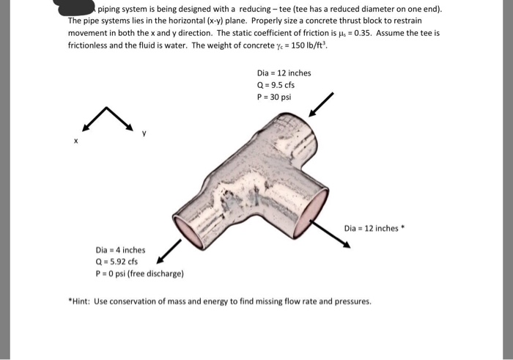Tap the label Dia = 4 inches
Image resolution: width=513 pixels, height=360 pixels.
120,249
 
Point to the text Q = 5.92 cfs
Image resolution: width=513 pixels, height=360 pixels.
117,261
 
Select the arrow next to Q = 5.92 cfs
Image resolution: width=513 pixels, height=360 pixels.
170,249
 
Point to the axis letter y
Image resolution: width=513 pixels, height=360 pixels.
144,132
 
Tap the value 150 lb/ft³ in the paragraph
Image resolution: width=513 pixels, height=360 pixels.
309,45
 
